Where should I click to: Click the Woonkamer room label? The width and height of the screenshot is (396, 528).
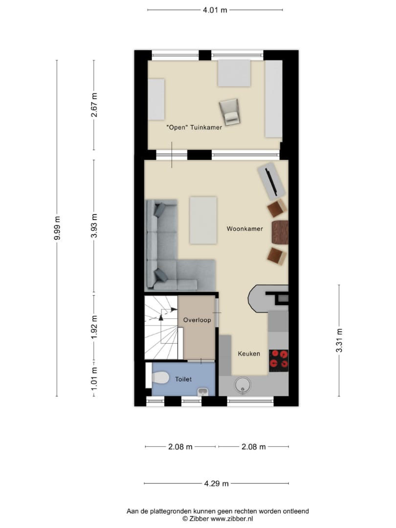(x=244, y=229)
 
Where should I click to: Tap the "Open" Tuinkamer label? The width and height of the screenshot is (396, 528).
(x=194, y=127)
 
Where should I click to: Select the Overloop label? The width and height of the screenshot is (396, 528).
(x=197, y=320)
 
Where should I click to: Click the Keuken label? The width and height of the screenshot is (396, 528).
(x=249, y=353)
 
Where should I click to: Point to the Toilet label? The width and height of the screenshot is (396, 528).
(x=183, y=379)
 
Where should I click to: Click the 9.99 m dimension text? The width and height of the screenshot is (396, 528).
(x=57, y=228)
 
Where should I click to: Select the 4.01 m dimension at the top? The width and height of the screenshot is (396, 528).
(x=215, y=10)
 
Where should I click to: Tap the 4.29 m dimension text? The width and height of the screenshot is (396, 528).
(x=216, y=484)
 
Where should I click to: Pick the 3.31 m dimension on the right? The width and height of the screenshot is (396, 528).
(x=339, y=340)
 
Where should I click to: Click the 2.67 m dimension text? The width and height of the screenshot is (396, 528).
(x=94, y=105)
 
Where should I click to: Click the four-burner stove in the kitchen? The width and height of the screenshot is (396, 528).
(x=279, y=359)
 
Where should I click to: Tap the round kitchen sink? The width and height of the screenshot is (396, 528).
(x=242, y=385)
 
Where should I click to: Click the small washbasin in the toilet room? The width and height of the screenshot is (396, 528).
(x=203, y=392)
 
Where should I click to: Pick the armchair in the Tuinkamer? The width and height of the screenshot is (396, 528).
(x=230, y=111)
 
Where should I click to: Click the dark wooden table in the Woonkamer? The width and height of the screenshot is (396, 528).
(x=280, y=232)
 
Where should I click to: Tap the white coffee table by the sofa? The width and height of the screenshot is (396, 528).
(x=203, y=220)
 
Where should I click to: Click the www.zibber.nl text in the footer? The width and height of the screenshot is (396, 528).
(x=232, y=519)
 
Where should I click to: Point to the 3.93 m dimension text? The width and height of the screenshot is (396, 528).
(x=94, y=225)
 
